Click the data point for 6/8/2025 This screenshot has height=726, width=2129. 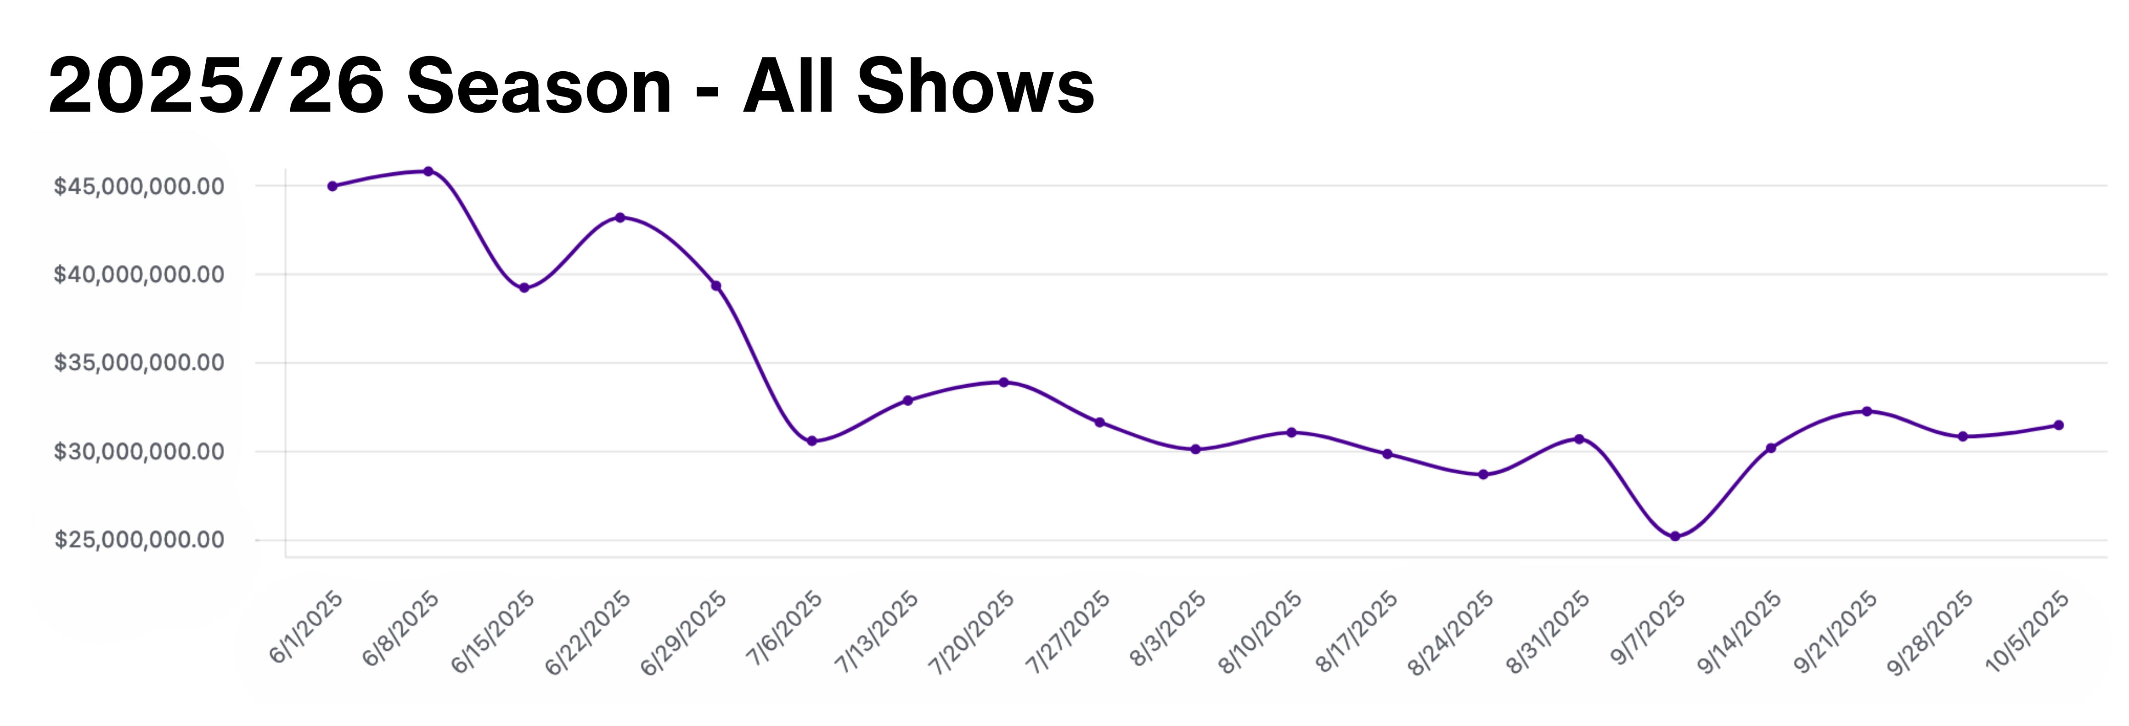(x=428, y=172)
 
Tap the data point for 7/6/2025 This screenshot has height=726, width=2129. (x=811, y=441)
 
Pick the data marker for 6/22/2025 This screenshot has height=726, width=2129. (x=620, y=217)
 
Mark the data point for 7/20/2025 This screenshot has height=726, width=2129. (x=1003, y=382)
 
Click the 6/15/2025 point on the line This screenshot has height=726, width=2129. (x=524, y=288)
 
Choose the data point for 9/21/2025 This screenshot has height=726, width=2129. (x=1867, y=411)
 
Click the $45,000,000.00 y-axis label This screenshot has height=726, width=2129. (x=139, y=186)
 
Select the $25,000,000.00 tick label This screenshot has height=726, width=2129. (x=139, y=540)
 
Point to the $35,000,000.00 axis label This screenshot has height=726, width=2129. (x=139, y=363)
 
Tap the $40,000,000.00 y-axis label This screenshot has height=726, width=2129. (x=139, y=274)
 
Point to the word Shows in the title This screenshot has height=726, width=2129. (x=975, y=87)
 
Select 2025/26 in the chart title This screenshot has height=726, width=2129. (x=217, y=87)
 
